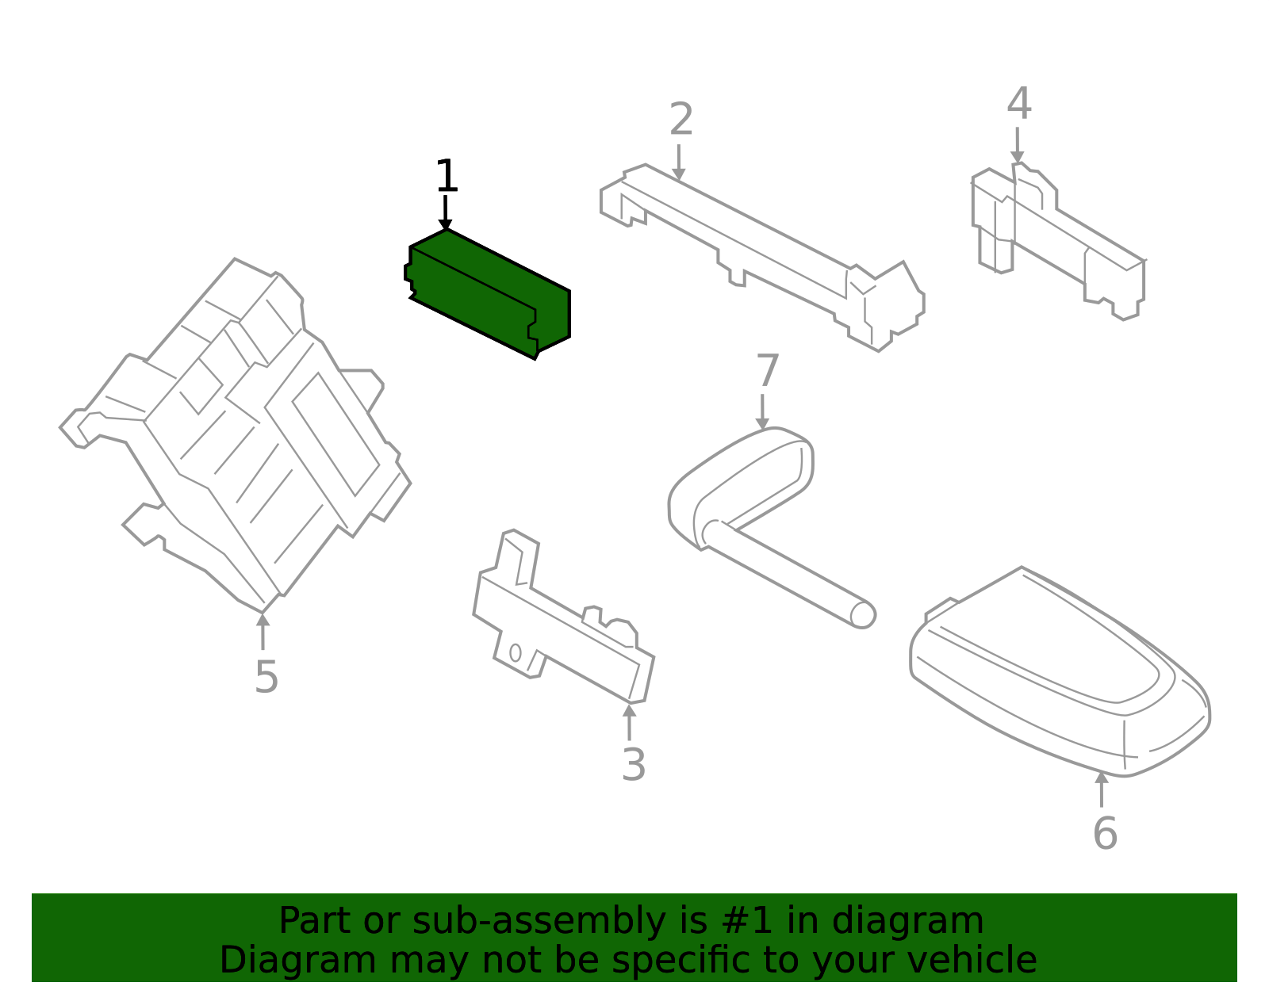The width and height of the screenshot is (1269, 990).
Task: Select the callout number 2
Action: (681, 119)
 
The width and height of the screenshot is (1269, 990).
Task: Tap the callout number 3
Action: (634, 764)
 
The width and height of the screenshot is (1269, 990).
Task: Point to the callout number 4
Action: (1019, 103)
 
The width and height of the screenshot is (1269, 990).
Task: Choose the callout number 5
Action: (266, 677)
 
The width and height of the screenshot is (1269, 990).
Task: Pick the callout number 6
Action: (1105, 833)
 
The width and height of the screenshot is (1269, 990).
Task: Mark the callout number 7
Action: (768, 370)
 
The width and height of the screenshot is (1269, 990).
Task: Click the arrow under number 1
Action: (445, 212)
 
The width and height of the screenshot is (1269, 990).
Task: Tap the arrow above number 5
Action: (263, 631)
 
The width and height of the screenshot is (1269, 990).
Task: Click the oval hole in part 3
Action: (515, 652)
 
